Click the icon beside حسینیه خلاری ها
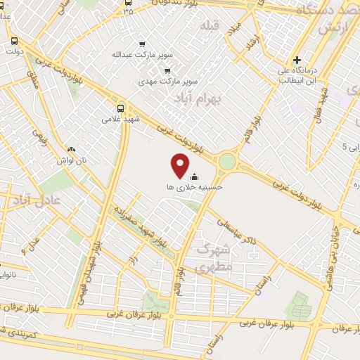click(195, 176)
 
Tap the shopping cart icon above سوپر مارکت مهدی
click(167, 70)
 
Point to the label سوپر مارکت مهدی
click(168, 82)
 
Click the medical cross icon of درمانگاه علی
click(297, 60)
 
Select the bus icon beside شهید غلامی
click(120, 108)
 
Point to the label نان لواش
click(72, 160)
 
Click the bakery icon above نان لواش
click(70, 149)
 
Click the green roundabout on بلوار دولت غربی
click(226, 162)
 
